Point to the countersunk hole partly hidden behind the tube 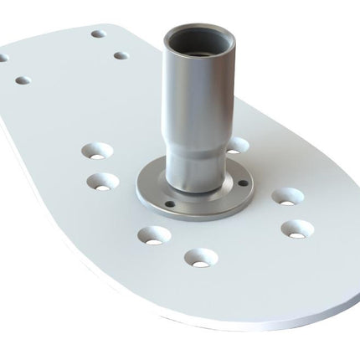pyautogui.click(x=238, y=145)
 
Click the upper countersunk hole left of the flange pyautogui.click(x=98, y=152)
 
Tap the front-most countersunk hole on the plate pyautogui.click(x=198, y=256)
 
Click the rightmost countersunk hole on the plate pyautogui.click(x=296, y=227)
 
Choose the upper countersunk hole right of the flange pyautogui.click(x=286, y=197)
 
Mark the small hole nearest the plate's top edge pyautogui.click(x=98, y=34)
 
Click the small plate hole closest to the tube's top pyautogui.click(x=121, y=56)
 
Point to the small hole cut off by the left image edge pyautogui.click(x=3, y=59)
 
